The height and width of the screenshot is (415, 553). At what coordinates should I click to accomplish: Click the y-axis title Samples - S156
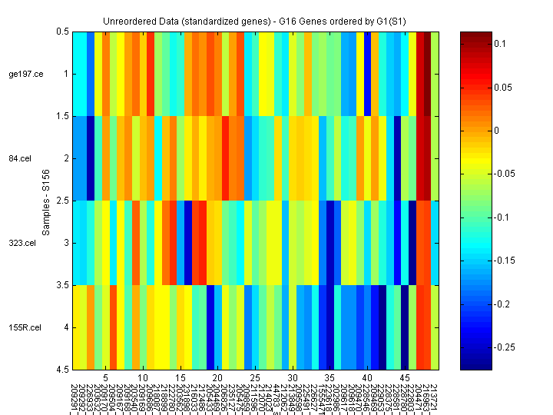[x=46, y=201]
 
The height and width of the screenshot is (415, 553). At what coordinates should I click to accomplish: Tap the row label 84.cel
[x=27, y=158]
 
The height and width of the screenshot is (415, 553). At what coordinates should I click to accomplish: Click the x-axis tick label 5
[x=105, y=379]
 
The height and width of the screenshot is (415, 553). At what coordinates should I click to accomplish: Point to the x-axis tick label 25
[x=255, y=379]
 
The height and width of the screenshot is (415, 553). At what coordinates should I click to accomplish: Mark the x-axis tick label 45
[x=405, y=379]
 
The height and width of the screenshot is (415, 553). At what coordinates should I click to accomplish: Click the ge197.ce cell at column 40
[x=367, y=74]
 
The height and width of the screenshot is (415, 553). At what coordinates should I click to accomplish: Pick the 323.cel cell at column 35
[x=330, y=243]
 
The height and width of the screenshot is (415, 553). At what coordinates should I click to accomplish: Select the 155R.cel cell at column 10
[x=143, y=327]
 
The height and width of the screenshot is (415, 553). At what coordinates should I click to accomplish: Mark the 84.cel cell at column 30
[x=293, y=158]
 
